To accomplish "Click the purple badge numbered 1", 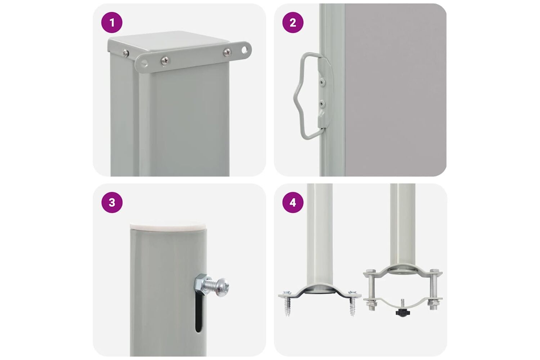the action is coord(112,23).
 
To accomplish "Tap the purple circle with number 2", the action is coord(293,23).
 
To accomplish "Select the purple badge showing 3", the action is coord(112,203).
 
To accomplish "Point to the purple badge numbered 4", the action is coord(293,203).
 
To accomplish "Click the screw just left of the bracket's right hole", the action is coord(227,52).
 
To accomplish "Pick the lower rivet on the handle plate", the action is coord(321,104).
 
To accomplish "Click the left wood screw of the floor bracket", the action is coord(287,304).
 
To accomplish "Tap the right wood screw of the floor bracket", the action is coord(352,303).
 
